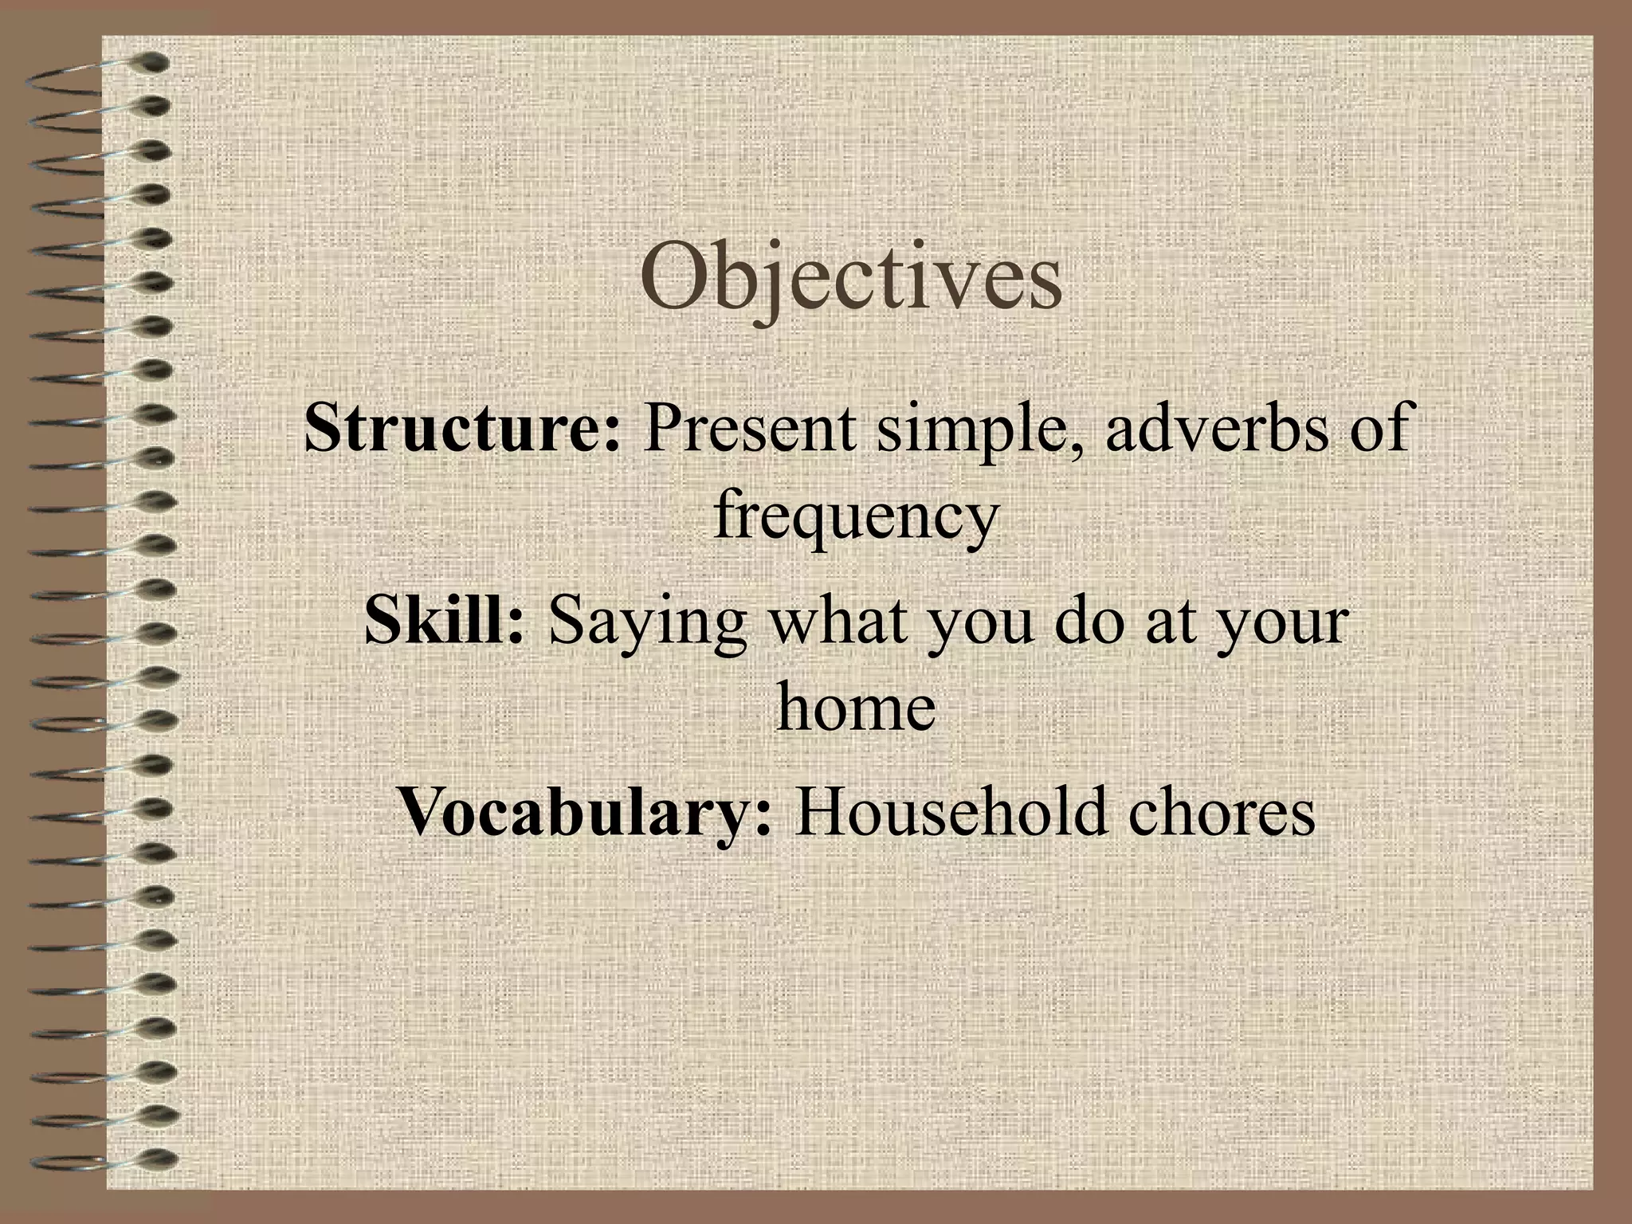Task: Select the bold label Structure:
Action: [462, 428]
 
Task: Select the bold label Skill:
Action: [445, 621]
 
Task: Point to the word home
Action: [855, 706]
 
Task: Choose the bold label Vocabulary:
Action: [586, 812]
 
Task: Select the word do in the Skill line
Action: [1088, 621]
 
